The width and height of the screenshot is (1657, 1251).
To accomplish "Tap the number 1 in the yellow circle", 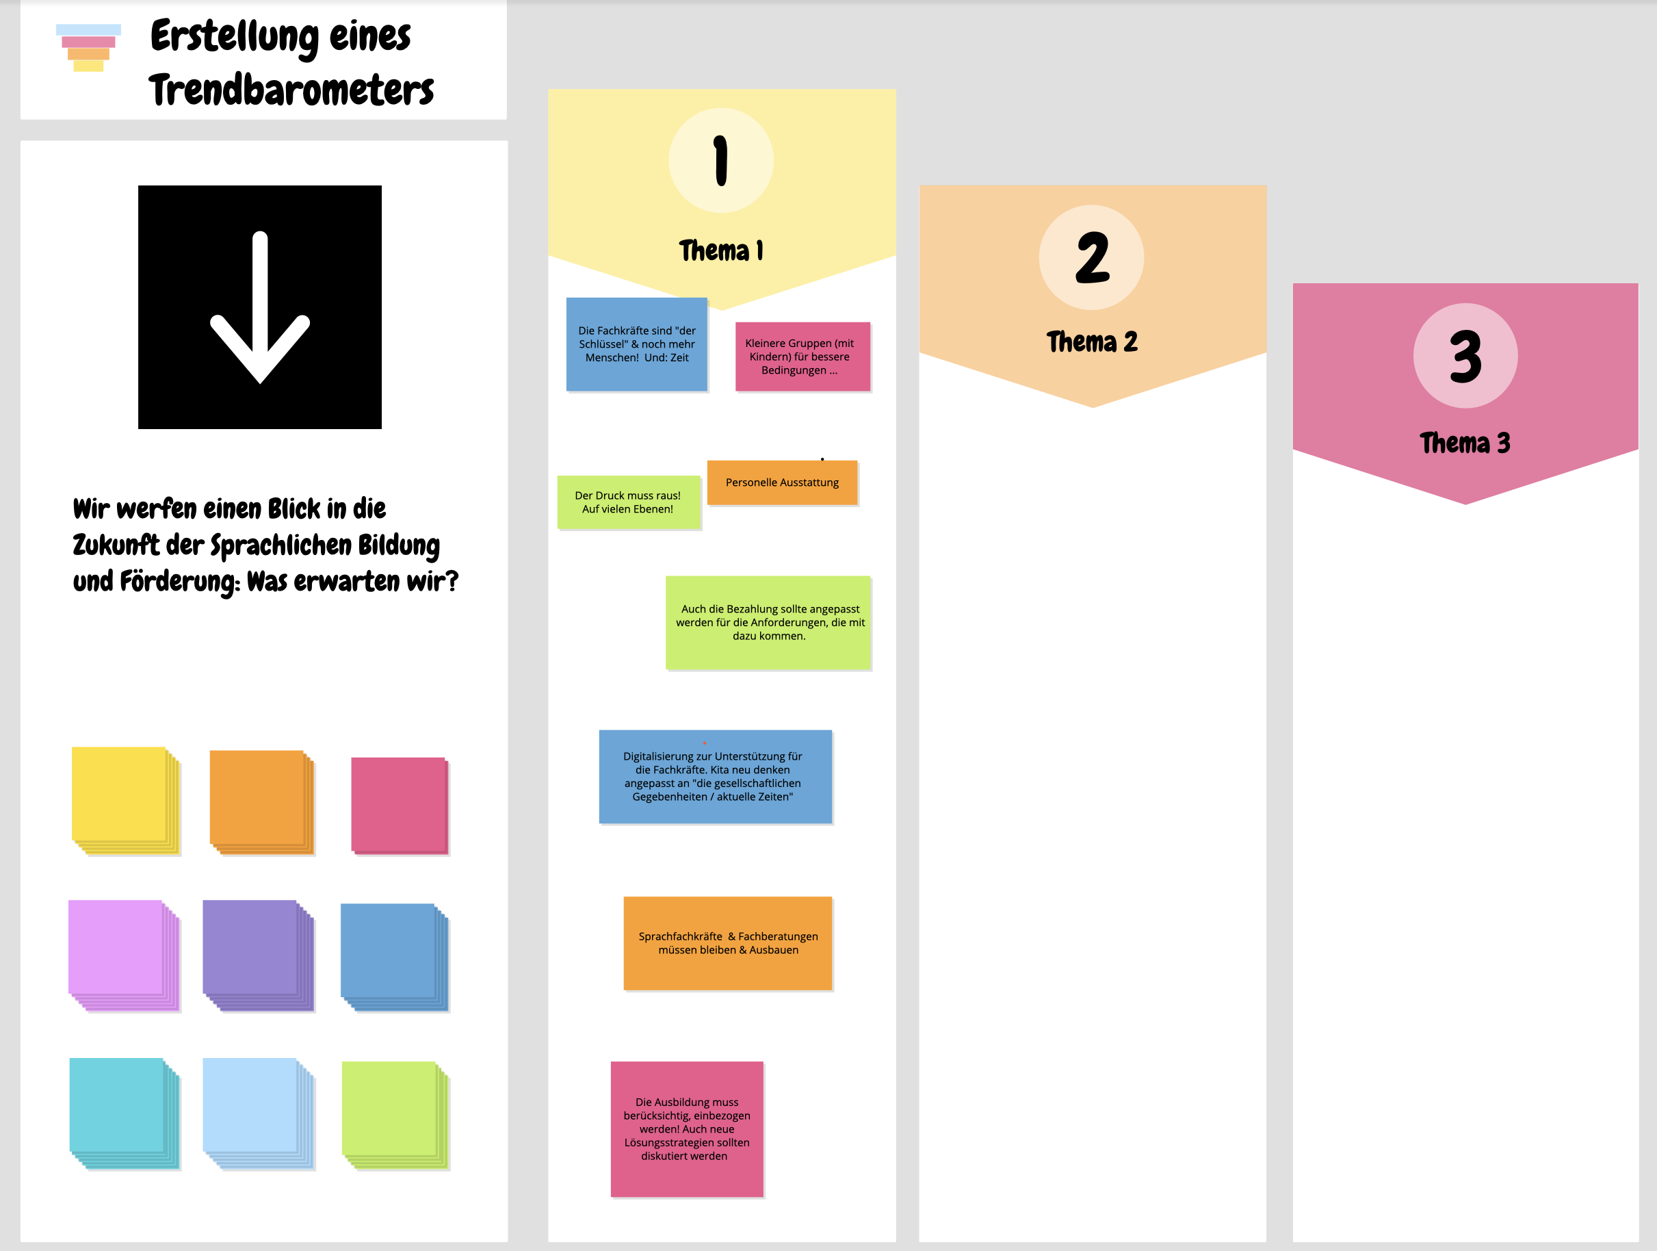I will [x=720, y=160].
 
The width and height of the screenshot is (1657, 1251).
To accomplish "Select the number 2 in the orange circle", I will [x=1091, y=258].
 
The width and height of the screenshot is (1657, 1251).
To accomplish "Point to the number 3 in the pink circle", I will [x=1465, y=357].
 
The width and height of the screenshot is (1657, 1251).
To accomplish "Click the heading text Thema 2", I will [x=1091, y=342].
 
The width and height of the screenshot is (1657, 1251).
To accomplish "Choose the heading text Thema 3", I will [x=1465, y=443].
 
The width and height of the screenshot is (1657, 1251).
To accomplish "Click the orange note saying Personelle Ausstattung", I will [x=782, y=482].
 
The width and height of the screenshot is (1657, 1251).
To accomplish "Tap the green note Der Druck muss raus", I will [x=628, y=502].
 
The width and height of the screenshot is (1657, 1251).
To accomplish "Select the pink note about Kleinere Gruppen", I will [x=803, y=357].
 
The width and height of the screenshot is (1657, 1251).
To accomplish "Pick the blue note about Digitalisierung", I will [x=715, y=777].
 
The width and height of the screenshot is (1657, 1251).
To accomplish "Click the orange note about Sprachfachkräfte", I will [x=727, y=943].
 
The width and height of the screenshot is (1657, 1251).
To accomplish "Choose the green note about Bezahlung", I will [x=768, y=623].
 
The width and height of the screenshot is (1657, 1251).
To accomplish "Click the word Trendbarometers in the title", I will [x=291, y=90].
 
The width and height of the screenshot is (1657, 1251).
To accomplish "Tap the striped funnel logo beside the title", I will [x=88, y=48].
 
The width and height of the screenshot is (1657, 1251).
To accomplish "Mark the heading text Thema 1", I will [x=720, y=251].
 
